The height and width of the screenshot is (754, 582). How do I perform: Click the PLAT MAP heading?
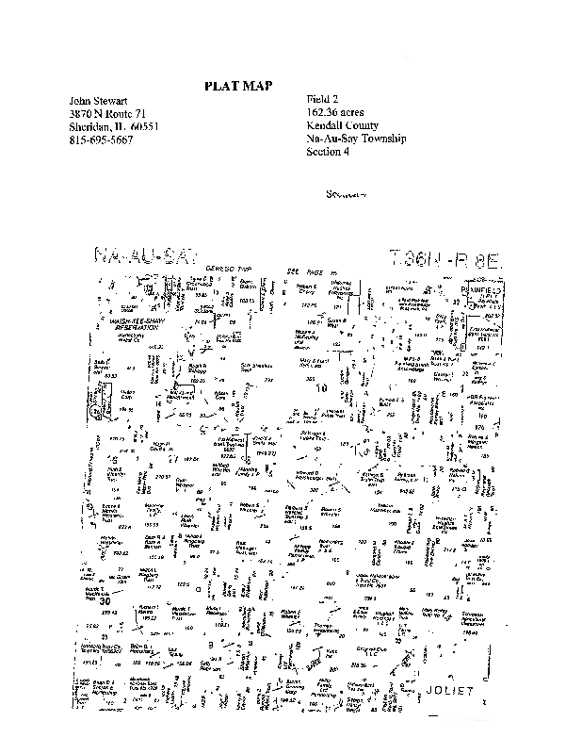click(238, 86)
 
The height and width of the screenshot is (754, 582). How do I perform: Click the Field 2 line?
click(321, 100)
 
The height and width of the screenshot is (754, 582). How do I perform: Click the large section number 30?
click(105, 598)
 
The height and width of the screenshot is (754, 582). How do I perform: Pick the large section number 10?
click(320, 385)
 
